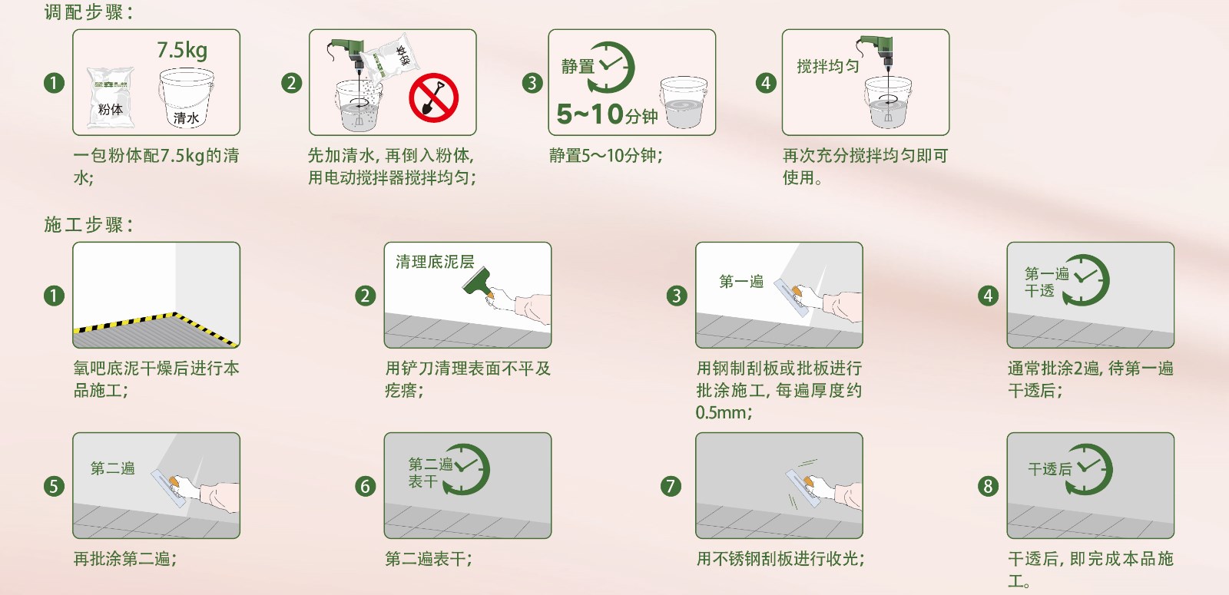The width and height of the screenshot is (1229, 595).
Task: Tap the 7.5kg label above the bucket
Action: [182, 51]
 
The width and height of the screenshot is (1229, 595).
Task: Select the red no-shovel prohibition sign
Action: [433, 98]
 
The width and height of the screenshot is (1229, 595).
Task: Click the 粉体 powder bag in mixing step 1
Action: [111, 98]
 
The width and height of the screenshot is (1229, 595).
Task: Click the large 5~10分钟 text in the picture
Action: [607, 115]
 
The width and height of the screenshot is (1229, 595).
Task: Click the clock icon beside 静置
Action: [611, 66]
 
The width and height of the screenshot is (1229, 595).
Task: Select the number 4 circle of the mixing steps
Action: [766, 83]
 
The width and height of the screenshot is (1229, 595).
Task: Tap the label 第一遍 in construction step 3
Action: [740, 282]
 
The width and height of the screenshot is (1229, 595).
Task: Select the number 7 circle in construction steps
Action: [671, 486]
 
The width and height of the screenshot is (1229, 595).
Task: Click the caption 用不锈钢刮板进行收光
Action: [780, 559]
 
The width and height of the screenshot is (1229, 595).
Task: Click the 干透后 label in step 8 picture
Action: [1049, 469]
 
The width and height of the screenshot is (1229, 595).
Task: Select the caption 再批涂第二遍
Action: [125, 559]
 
